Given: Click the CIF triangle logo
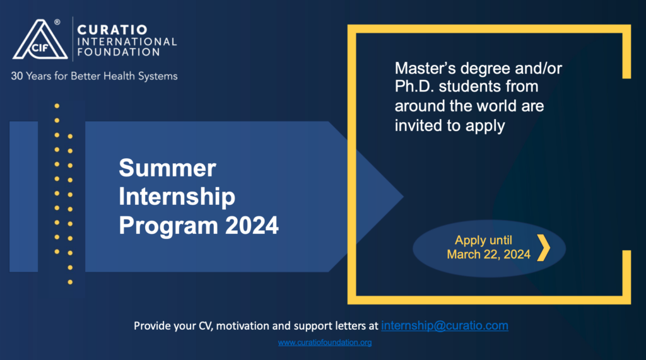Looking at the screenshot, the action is pos(40,40).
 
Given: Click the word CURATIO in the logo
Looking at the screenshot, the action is pos(112,30).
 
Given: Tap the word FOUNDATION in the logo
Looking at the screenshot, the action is pos(119,52).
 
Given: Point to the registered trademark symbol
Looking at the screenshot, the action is pos(57,22).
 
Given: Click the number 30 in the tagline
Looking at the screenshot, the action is pos(17,76).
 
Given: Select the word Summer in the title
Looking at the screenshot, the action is pos(167,168).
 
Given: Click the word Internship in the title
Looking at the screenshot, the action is pos(177,197).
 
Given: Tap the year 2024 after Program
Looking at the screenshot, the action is pos(252,225).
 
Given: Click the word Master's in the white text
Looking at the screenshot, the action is pos(425,68).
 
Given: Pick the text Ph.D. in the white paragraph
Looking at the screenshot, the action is pos(414,86).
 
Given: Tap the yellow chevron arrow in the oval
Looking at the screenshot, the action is pos(544,248).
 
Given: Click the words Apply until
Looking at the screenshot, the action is pos(483,240).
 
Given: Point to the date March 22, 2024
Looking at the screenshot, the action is pos(489,255).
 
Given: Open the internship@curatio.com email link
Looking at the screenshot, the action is pos(445,325).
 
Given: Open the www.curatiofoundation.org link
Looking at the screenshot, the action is pos(325,342).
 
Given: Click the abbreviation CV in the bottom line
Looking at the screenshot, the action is pos(206,326).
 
